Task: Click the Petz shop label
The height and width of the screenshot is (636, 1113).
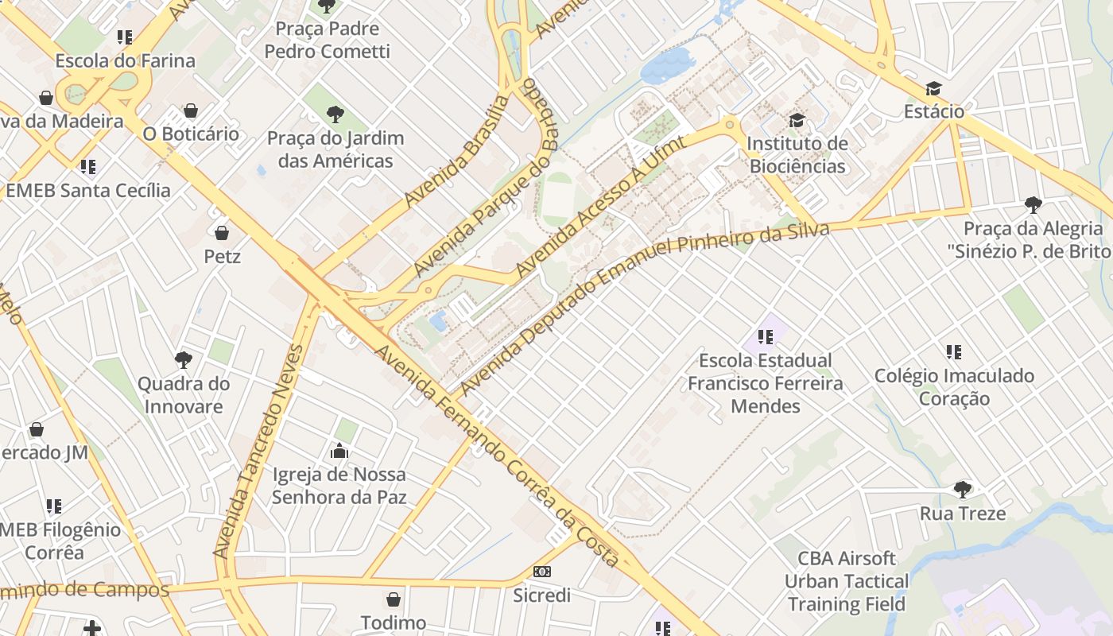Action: pos(223,257)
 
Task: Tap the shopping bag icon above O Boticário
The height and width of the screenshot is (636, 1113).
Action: pos(190,111)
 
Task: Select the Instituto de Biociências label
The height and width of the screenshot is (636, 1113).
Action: pos(797,155)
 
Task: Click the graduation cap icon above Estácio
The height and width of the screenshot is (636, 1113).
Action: pos(933,88)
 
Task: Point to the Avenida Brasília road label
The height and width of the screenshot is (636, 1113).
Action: pos(456,152)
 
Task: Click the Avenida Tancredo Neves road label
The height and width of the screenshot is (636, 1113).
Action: pos(260,451)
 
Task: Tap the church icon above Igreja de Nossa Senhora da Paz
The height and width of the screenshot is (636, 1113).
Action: pos(339,452)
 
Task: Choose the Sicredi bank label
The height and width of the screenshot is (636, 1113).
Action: pos(541,595)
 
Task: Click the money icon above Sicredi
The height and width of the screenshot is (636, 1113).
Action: pos(542,572)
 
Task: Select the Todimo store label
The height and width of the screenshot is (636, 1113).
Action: pos(394,622)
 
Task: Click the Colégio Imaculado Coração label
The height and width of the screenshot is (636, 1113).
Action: pos(954,386)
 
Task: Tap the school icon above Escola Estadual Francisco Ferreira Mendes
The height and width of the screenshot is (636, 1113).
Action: pos(766,337)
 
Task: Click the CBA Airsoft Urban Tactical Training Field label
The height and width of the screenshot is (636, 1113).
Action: pos(847,581)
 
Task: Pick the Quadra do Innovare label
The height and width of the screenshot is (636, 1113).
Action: pos(184,395)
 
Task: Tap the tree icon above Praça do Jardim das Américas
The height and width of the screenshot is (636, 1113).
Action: pos(335,114)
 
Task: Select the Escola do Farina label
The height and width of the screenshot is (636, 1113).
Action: pos(125,60)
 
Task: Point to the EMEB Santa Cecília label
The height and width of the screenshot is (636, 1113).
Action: pos(88,190)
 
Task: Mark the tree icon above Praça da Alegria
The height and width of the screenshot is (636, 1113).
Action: pos(1033,205)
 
